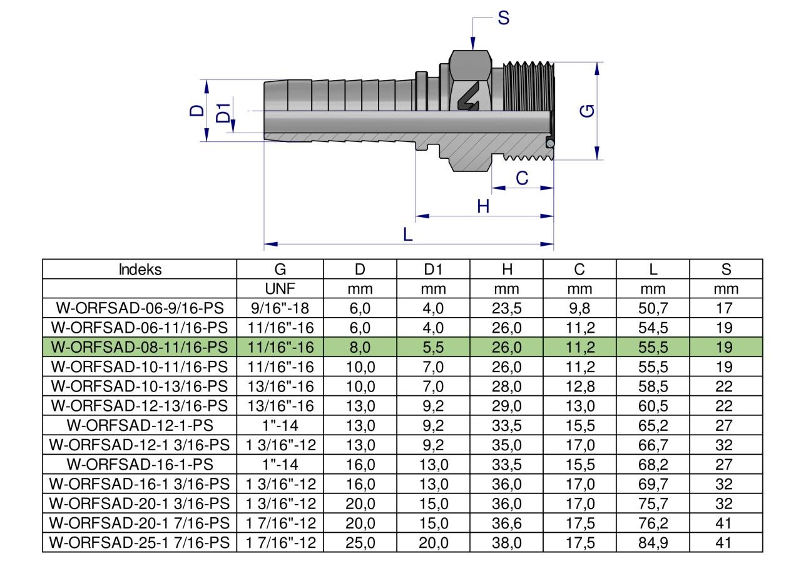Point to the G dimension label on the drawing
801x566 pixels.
(x=588, y=111)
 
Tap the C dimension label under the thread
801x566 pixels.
(x=521, y=179)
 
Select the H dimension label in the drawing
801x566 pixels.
(x=482, y=206)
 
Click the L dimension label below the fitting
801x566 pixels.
(x=407, y=235)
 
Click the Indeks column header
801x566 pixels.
(x=140, y=270)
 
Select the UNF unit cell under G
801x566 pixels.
(x=280, y=289)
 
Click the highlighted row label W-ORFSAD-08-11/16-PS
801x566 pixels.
(x=140, y=347)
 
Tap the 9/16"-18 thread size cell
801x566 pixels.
(x=280, y=308)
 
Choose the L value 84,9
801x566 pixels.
(x=653, y=542)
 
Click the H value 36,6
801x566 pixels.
(x=507, y=522)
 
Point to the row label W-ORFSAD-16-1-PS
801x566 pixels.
(x=140, y=464)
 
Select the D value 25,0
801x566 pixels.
(x=360, y=542)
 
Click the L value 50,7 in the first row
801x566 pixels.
(x=653, y=308)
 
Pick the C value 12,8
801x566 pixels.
(x=579, y=387)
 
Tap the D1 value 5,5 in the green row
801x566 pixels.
(x=433, y=347)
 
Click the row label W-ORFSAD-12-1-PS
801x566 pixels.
(x=140, y=425)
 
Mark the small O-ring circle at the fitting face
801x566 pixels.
(x=549, y=143)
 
